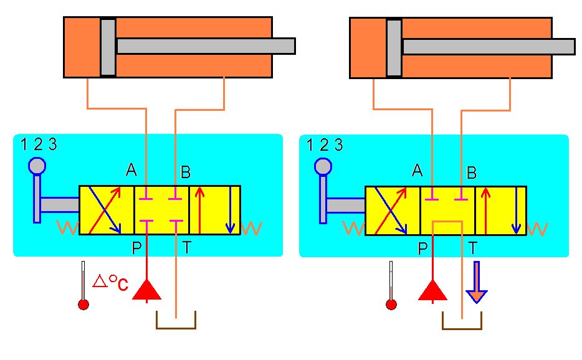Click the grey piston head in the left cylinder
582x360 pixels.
pos(108,47)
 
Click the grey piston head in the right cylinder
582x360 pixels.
pos(394,47)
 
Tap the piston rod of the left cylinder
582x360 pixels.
pos(205,46)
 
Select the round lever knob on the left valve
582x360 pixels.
pos(37,166)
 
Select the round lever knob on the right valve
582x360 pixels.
pos(323,166)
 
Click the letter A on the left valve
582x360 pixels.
pos(131,169)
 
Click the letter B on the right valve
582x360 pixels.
pos(472,173)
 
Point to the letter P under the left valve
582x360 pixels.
pos(136,248)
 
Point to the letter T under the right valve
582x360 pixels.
pos(473,249)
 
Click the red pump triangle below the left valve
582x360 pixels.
pos(146,290)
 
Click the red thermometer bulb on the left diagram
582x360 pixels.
pos(83,305)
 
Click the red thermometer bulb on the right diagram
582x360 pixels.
pos(391,305)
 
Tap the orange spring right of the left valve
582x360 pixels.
pos(251,228)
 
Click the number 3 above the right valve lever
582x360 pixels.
pos(338,146)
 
